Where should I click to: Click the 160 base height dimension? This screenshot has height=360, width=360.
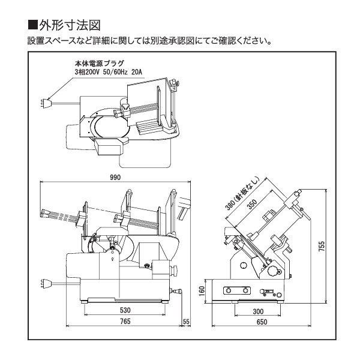click(x=202, y=290)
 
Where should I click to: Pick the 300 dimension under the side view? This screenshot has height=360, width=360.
click(x=258, y=311)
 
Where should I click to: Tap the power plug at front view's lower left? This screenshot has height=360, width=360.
click(x=44, y=282)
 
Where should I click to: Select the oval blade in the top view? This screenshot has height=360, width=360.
click(x=111, y=127)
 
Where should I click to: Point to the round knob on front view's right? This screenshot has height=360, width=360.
click(x=163, y=267)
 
